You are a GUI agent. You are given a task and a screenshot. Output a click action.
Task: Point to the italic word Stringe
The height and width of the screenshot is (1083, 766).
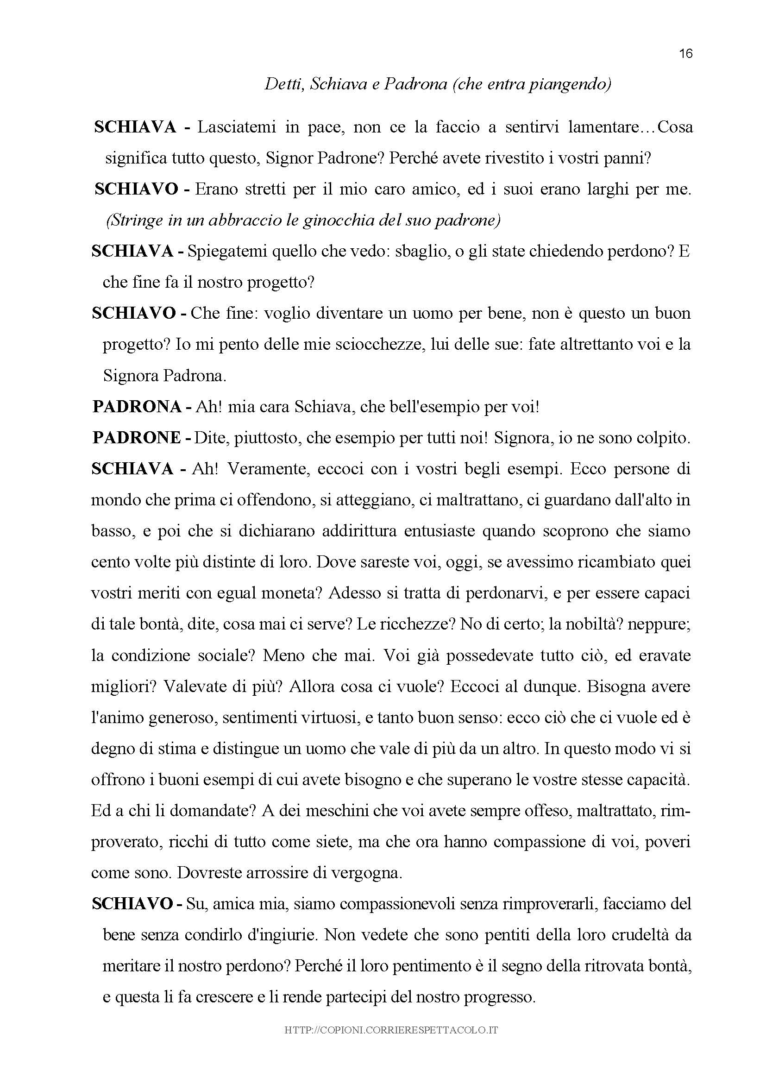click(x=134, y=221)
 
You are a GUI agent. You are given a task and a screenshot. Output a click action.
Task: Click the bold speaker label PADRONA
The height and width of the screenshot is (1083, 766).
click(x=137, y=407)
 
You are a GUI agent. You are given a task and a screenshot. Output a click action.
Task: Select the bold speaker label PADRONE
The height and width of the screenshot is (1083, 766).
click(x=137, y=438)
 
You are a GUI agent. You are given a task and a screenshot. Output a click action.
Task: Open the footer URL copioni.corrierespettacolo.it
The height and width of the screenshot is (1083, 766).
click(x=391, y=1031)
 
